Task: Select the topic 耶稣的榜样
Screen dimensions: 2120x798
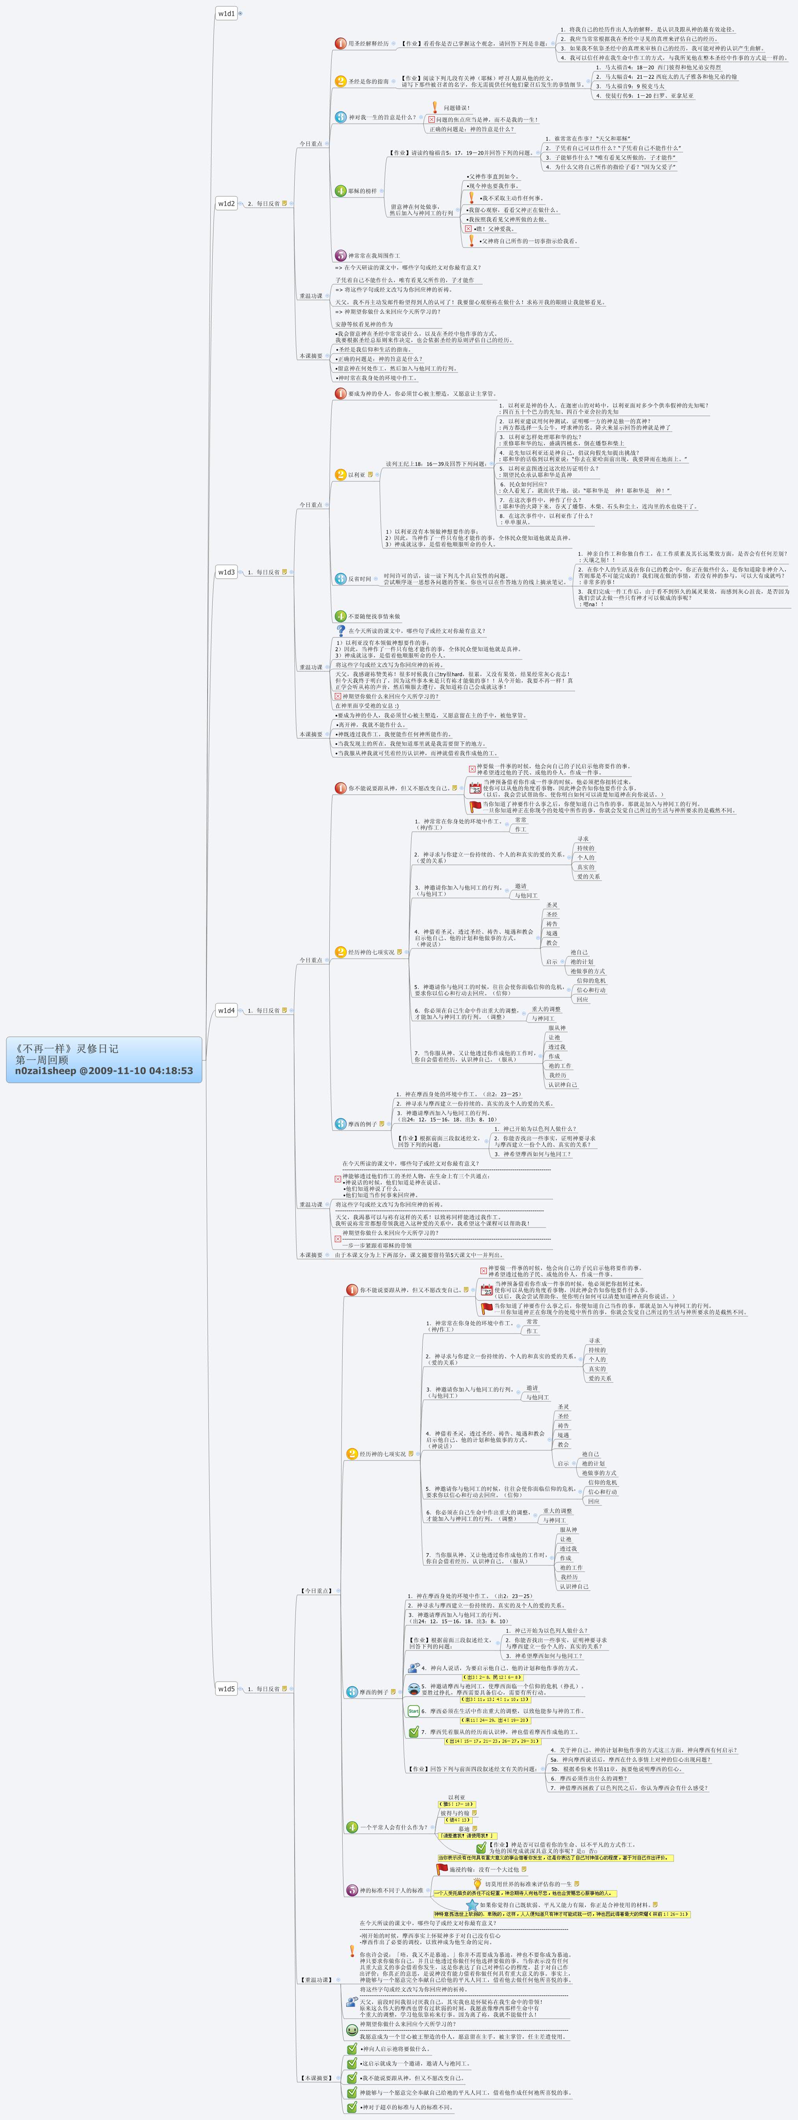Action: tap(362, 191)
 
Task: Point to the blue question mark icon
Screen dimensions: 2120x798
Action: tap(341, 630)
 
